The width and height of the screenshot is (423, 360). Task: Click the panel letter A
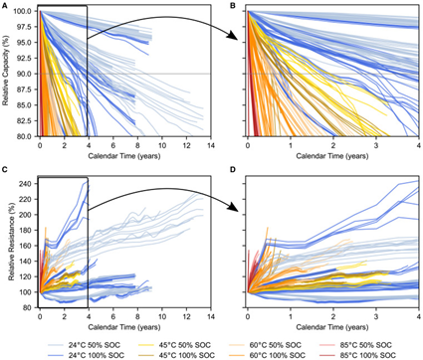5,6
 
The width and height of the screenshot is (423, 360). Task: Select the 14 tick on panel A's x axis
206,144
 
